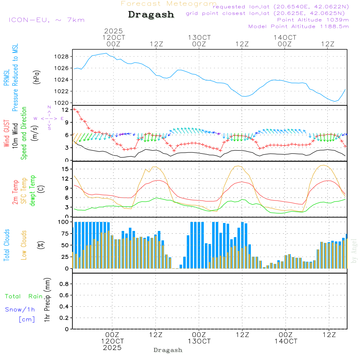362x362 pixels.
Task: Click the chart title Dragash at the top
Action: [x=151, y=15]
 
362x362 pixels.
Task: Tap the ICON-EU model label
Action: [x=46, y=20]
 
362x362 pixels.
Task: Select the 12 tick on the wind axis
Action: [x=66, y=109]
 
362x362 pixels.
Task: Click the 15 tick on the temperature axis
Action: [x=66, y=169]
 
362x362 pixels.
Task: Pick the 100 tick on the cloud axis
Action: [x=64, y=222]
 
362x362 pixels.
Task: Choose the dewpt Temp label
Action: [x=33, y=190]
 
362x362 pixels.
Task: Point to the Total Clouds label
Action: [x=7, y=245]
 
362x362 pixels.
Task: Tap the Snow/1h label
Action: [x=20, y=310]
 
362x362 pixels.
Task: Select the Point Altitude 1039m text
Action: [x=313, y=20]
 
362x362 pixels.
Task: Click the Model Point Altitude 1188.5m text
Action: [x=298, y=26]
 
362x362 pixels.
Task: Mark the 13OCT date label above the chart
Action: [x=199, y=38]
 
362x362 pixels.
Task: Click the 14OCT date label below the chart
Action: [x=286, y=341]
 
